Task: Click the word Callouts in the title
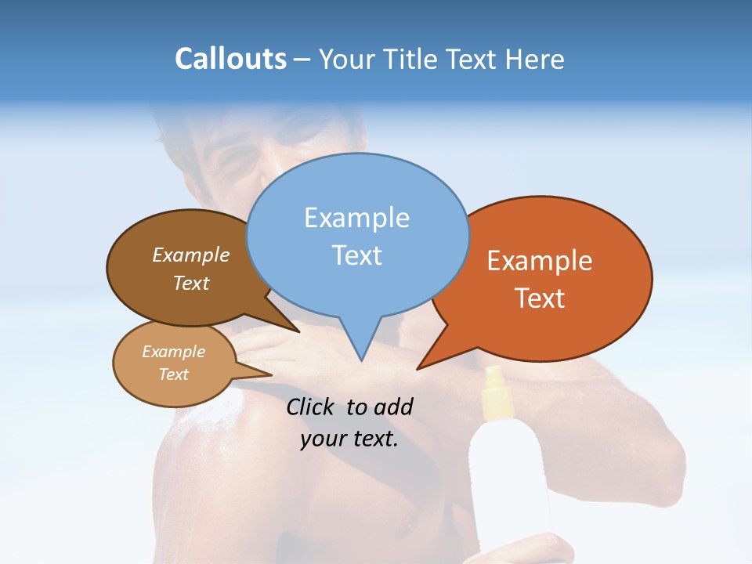(x=230, y=59)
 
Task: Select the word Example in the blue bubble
(x=356, y=218)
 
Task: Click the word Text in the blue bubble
(x=356, y=255)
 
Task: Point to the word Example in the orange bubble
(x=540, y=261)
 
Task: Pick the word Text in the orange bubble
(x=540, y=298)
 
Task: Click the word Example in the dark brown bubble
(x=190, y=255)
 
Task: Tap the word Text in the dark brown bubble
(x=190, y=284)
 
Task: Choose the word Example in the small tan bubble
(x=173, y=352)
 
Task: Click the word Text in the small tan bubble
(x=173, y=374)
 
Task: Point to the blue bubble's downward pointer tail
(x=360, y=345)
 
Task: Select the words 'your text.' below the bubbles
(x=349, y=439)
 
